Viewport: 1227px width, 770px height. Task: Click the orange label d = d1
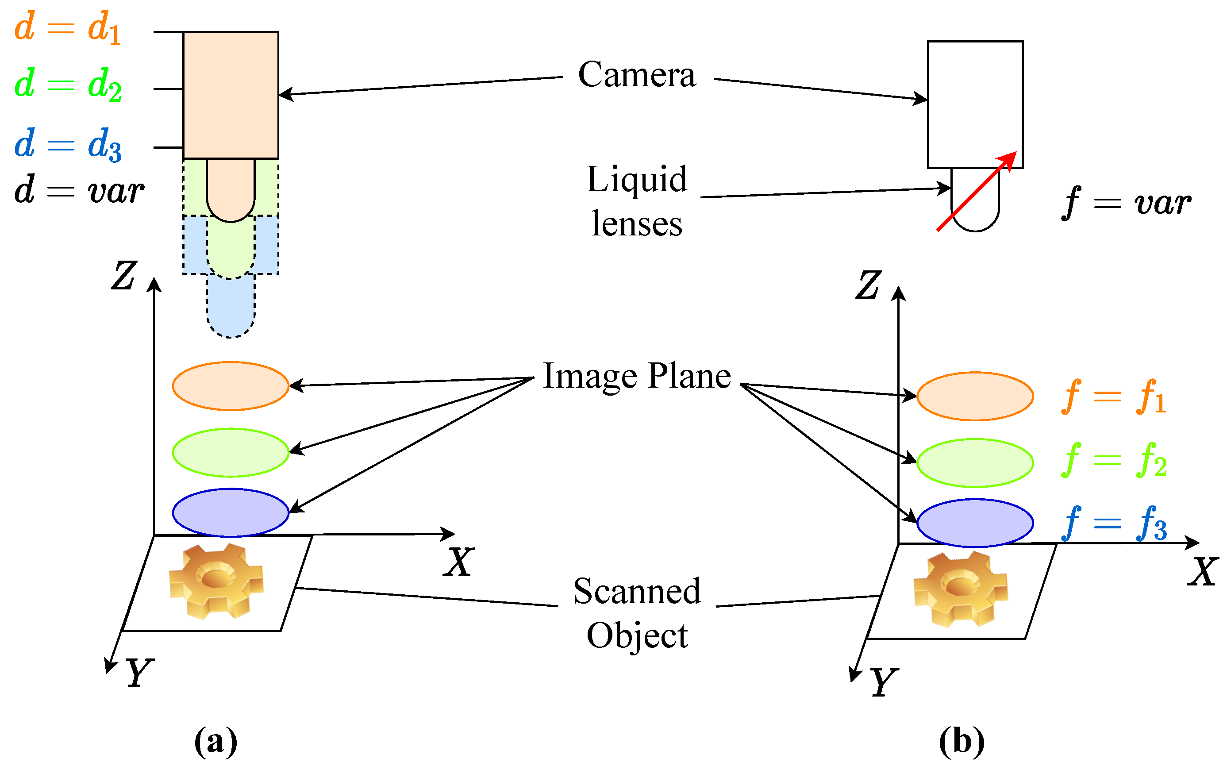point(67,27)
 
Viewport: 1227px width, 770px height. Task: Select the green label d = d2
point(67,84)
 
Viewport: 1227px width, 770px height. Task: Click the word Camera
point(636,75)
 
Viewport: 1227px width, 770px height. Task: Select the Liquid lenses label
point(636,201)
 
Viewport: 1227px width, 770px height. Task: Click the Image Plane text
point(636,376)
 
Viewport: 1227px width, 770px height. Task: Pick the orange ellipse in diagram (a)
point(231,386)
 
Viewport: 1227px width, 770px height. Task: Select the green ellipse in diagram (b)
point(974,463)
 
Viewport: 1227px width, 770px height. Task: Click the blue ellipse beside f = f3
point(974,523)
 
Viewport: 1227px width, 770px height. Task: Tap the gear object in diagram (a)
point(216,581)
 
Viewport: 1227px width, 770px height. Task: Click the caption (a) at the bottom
point(215,740)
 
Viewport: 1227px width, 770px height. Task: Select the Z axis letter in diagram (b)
point(868,285)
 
